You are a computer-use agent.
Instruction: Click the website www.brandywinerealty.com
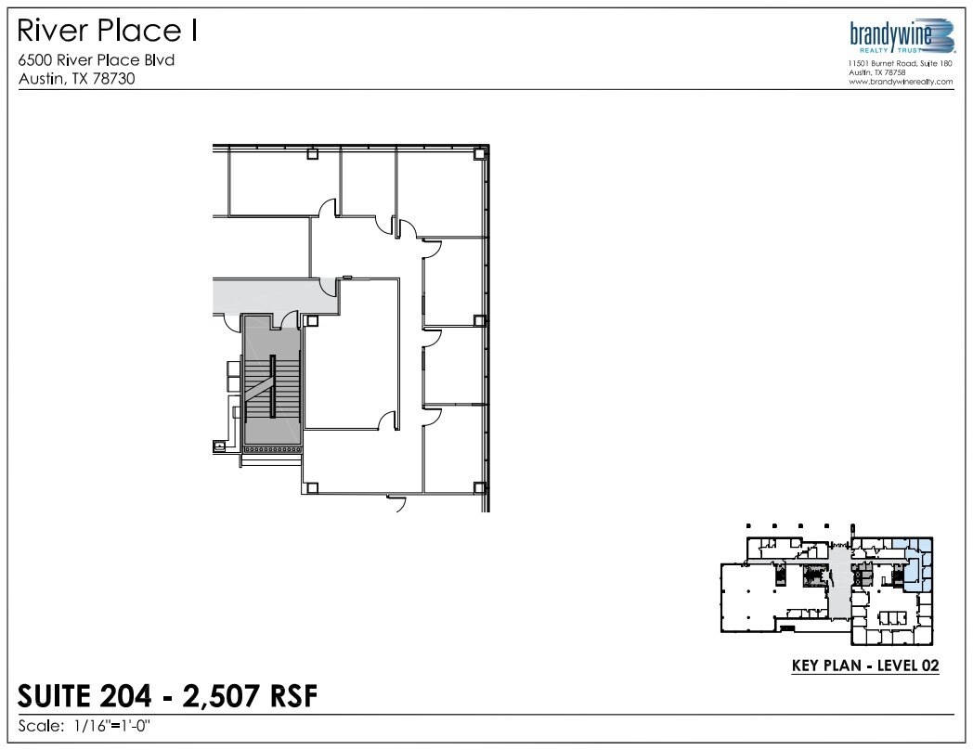tap(901, 82)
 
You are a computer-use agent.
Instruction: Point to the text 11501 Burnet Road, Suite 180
tap(901, 63)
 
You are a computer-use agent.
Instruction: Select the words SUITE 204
tap(79, 695)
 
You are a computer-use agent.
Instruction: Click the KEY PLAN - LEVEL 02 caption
tap(864, 666)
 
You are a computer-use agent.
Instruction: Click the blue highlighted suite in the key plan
tap(919, 564)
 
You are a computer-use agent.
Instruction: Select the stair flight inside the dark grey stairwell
tap(272, 385)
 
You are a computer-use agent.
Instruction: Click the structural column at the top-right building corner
tap(479, 154)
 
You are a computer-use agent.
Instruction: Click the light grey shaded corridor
tap(269, 294)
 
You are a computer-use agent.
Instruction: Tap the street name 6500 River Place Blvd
tap(97, 60)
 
